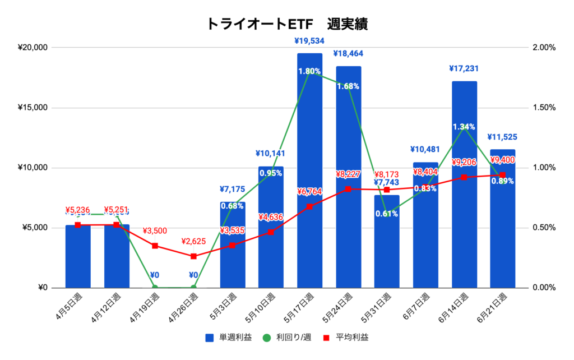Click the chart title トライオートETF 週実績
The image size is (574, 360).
pos(287,24)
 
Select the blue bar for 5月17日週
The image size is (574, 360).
pos(309,168)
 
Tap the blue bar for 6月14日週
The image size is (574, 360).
pos(464,185)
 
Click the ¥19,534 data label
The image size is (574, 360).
pos(309,41)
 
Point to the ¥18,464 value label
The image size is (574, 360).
pos(348,54)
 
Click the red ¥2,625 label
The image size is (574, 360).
pos(194,242)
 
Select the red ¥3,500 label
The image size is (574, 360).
pos(155,231)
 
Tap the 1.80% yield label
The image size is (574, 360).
pos(309,71)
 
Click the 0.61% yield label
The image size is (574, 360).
pos(387,214)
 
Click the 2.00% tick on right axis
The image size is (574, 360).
pos(542,48)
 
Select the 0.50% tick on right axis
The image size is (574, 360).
pos(542,228)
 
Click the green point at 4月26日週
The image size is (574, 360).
pos(193,288)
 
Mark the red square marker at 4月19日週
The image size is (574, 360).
pos(155,246)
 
